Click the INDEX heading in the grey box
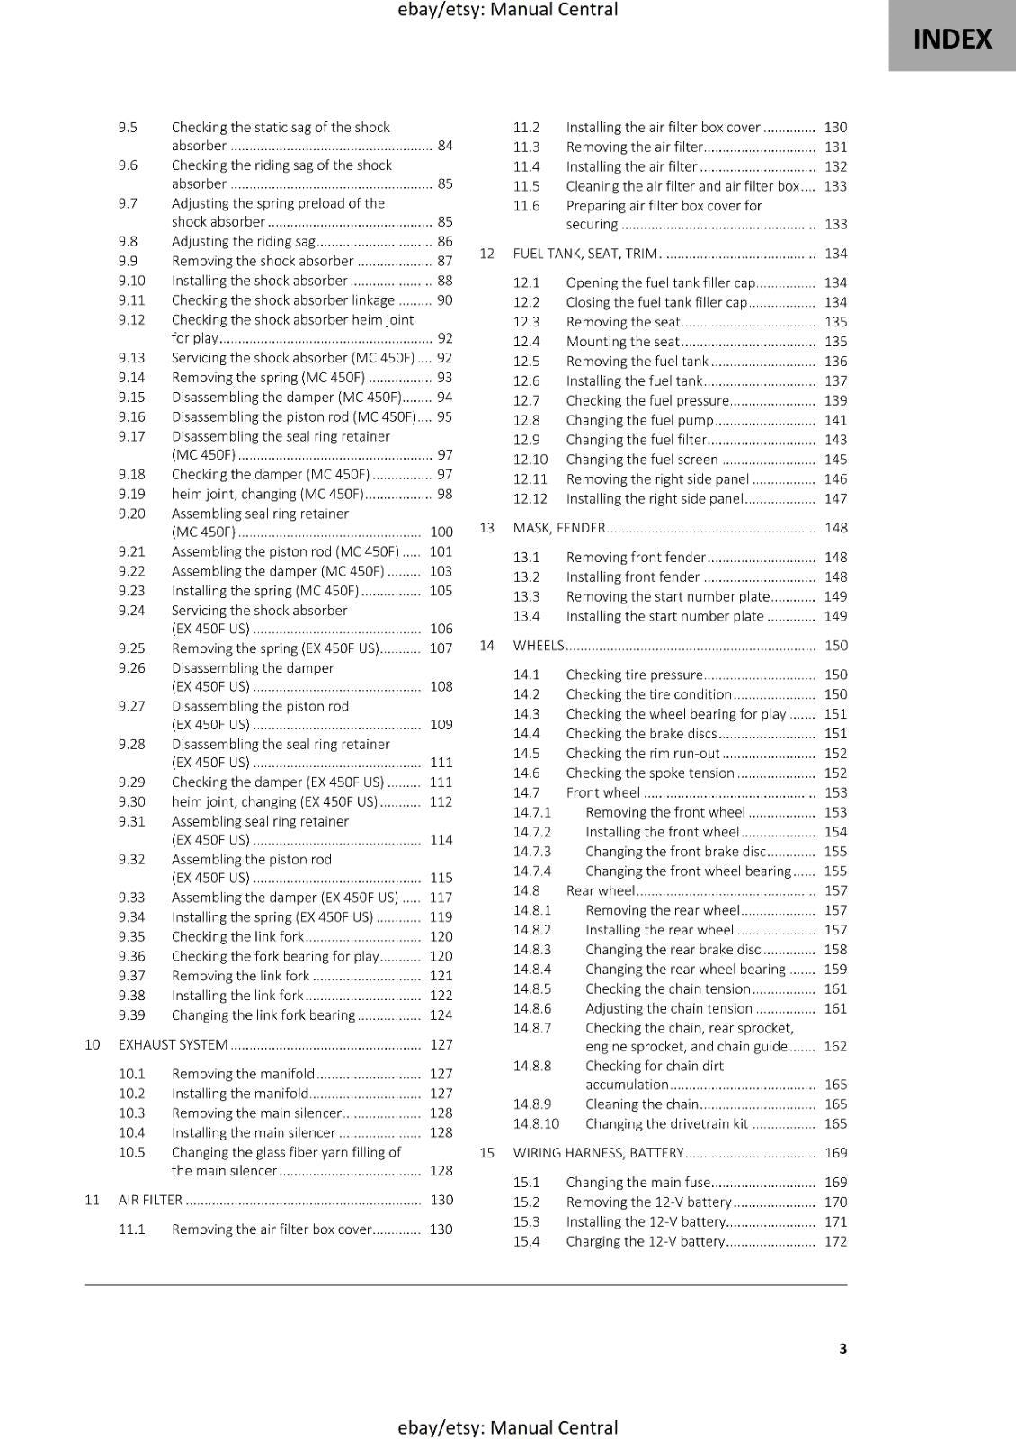[x=952, y=39]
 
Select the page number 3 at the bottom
[x=842, y=1348]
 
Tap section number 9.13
[x=131, y=358]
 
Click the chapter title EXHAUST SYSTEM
[x=173, y=1044]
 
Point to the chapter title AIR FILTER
[x=150, y=1200]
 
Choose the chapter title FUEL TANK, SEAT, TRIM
[x=584, y=254]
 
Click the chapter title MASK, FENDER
[x=558, y=528]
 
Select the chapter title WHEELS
[x=538, y=645]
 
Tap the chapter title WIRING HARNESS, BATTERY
[x=598, y=1153]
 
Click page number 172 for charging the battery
[x=835, y=1241]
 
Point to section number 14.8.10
[x=536, y=1123]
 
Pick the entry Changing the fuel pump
[x=639, y=420]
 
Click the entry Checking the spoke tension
[x=650, y=773]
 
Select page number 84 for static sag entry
[x=445, y=146]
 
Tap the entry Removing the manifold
[x=243, y=1074]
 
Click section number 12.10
[x=530, y=460]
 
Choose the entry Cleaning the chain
[x=641, y=1104]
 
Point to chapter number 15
[x=486, y=1153]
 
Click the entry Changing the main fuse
[x=638, y=1183]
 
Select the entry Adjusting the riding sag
[x=243, y=241]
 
